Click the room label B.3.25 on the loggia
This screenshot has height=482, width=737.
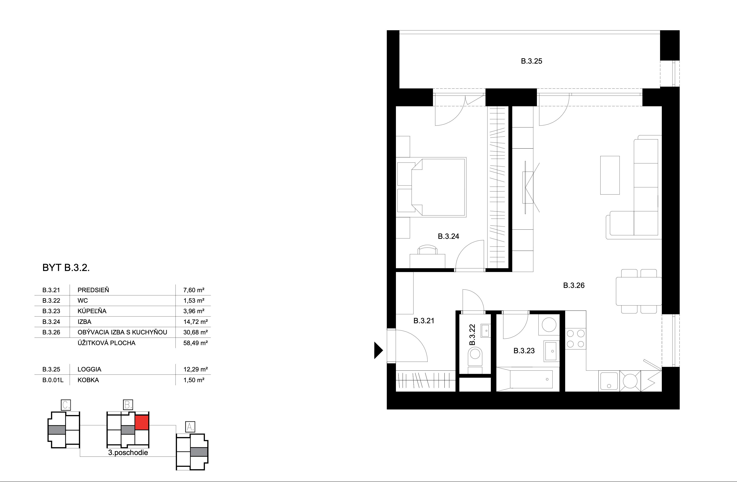[531, 61]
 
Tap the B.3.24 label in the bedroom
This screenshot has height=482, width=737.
[448, 236]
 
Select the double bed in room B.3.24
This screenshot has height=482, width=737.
[438, 187]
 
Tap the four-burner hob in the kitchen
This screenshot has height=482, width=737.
[575, 339]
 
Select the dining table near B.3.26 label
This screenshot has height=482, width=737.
[638, 291]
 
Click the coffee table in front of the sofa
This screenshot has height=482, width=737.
[610, 175]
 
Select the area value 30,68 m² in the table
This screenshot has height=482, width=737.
[195, 332]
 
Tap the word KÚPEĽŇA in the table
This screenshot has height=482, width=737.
[92, 311]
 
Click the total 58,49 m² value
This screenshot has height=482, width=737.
[195, 343]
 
